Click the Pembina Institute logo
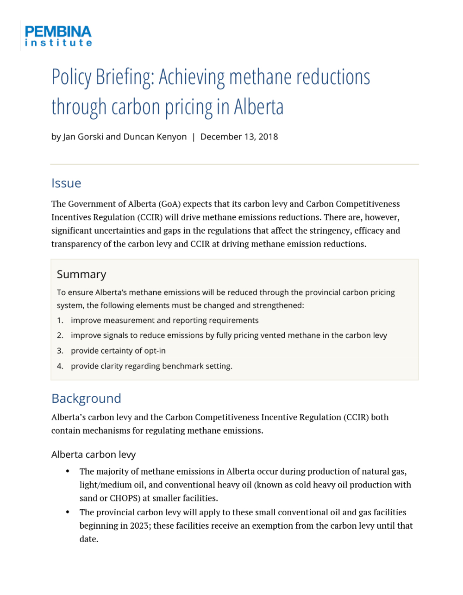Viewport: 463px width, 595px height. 58,36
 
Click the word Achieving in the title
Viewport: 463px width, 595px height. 192,77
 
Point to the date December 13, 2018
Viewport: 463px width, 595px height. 239,137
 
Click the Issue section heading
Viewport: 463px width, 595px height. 66,183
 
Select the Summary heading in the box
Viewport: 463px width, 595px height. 81,274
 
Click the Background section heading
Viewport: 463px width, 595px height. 86,399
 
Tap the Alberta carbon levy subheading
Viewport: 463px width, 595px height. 94,455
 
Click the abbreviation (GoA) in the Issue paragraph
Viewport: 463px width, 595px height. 169,204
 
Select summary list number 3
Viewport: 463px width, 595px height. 60,351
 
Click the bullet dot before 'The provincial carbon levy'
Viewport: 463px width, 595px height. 68,512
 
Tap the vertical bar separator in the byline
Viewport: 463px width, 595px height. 194,137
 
